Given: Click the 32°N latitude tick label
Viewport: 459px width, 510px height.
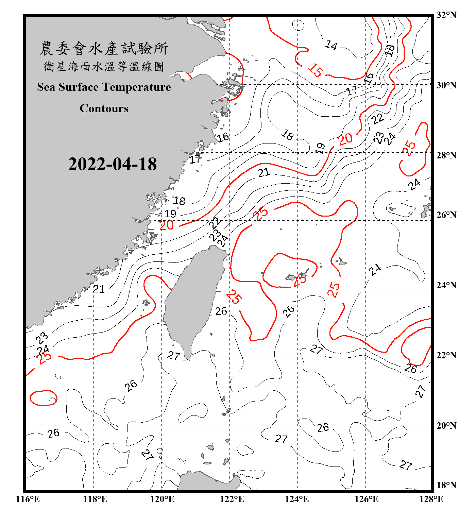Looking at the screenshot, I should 446,15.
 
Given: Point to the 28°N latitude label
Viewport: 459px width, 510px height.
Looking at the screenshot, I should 446,155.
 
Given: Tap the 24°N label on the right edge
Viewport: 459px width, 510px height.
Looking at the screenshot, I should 446,285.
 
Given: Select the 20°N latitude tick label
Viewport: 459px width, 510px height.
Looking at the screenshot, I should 446,426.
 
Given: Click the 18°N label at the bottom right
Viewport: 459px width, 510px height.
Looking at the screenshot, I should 446,485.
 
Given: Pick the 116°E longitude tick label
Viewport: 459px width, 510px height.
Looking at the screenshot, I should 28,499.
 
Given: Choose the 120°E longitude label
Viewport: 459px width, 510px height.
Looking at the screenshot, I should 162,499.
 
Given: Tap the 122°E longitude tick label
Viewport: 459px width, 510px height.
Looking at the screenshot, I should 232,499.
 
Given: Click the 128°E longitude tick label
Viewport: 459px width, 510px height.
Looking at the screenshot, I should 431,499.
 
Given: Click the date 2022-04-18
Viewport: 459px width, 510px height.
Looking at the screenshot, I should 112,164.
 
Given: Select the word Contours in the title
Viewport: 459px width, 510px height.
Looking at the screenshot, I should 104,108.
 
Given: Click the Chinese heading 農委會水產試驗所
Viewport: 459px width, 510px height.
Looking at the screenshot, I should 104,49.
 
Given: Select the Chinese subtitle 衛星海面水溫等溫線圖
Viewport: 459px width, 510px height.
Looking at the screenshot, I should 104,66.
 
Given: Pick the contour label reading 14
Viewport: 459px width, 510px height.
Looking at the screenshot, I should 331,45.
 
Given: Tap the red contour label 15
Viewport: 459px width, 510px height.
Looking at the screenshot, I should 316,70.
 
